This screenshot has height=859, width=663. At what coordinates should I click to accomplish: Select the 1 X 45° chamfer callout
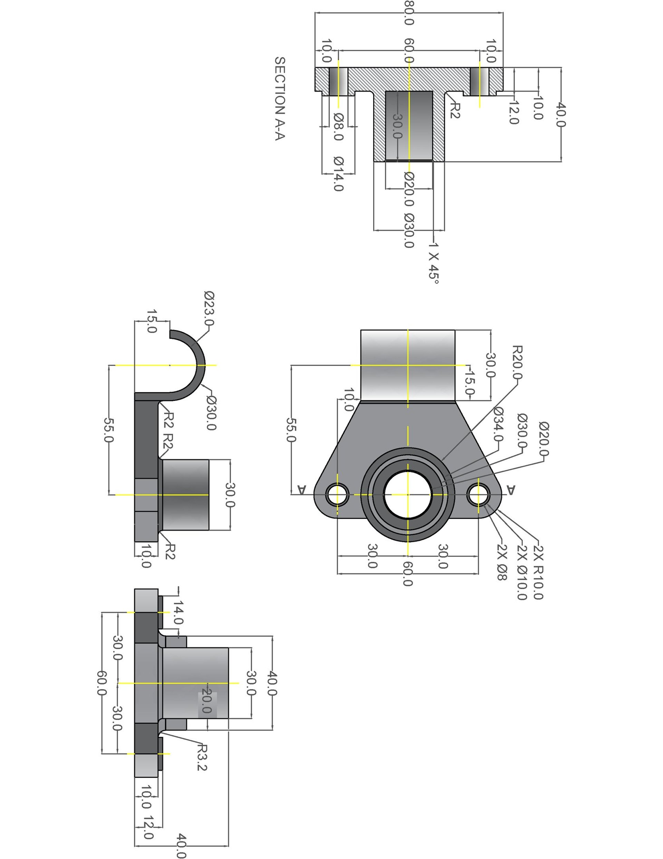click(x=433, y=262)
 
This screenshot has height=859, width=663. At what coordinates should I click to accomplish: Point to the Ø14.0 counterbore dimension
click(x=338, y=174)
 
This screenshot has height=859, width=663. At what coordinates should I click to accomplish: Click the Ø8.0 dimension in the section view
click(x=338, y=127)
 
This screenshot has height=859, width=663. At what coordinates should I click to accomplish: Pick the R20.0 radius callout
click(x=517, y=362)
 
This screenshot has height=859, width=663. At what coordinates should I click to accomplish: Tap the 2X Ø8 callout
click(x=501, y=561)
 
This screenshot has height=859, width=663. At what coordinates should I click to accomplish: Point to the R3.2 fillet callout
click(x=201, y=757)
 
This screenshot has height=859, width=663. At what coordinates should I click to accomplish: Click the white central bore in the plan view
click(x=407, y=494)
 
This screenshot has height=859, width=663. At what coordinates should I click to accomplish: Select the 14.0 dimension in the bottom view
click(x=178, y=612)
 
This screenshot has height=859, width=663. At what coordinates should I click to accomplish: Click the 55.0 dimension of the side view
click(x=108, y=430)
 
